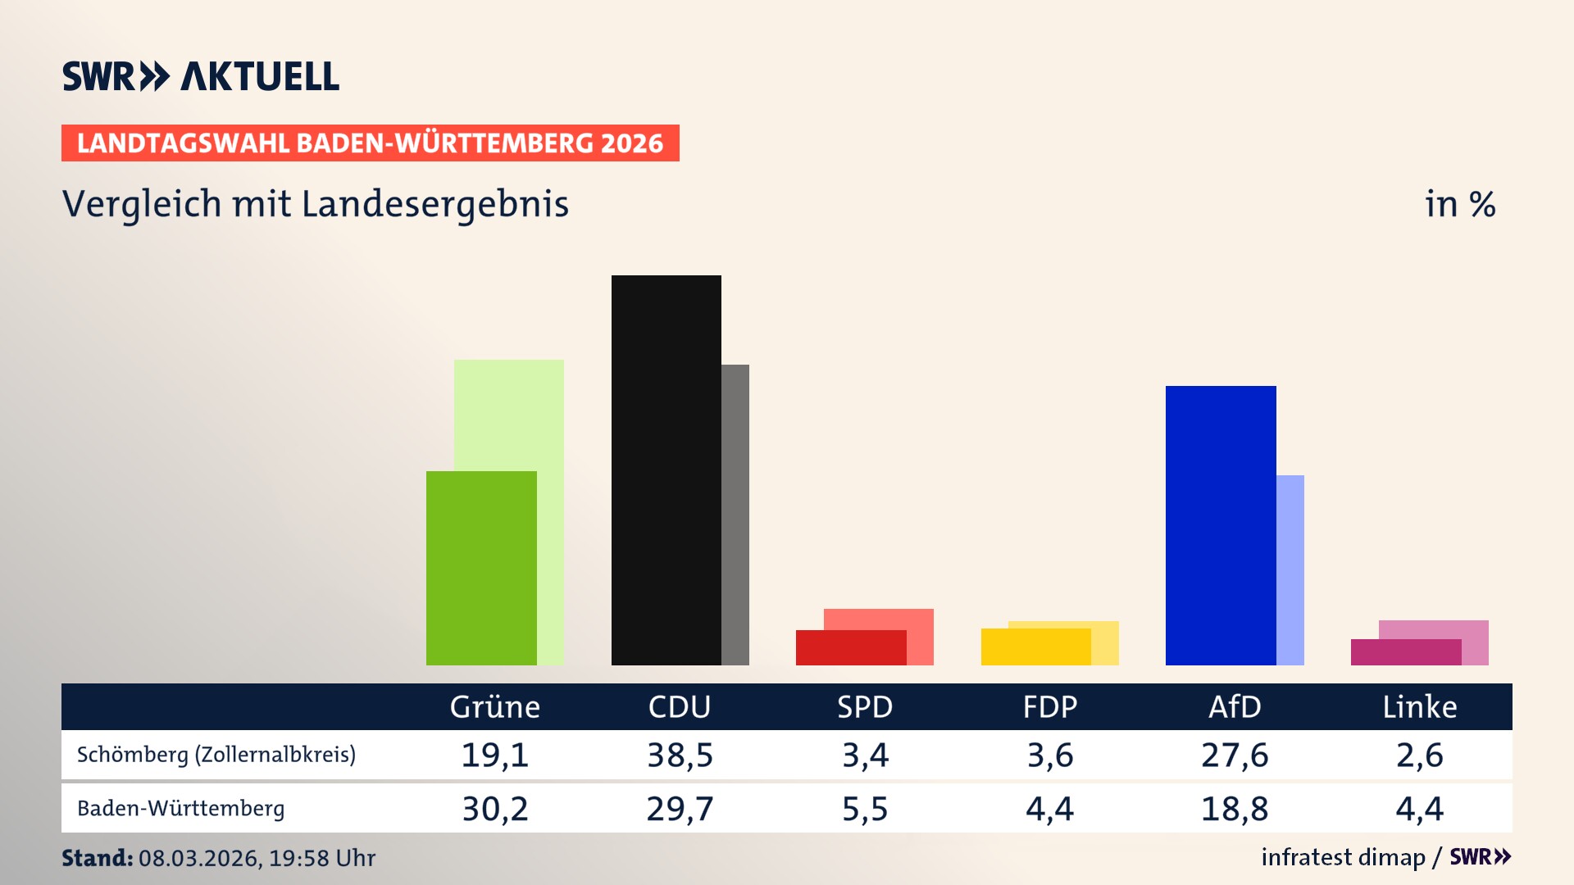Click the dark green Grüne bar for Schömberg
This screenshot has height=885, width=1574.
pos(481,568)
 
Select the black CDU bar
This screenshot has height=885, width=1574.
pos(666,470)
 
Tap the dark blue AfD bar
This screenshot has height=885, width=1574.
pos(1220,524)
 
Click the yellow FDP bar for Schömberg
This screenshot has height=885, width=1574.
pos(1035,647)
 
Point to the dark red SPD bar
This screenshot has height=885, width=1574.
pos(850,647)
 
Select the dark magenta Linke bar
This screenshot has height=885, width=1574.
pos(1405,652)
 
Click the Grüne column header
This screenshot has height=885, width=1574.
pos(495,706)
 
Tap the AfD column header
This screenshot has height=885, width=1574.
pos(1235,706)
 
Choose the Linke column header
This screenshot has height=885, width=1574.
pos(1419,706)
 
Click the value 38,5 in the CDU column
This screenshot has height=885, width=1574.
pos(680,755)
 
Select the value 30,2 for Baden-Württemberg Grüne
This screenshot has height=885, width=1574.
pos(495,809)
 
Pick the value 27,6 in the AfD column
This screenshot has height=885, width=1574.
pos(1235,755)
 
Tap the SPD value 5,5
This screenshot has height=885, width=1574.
pos(865,809)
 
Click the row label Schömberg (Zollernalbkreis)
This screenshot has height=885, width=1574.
pos(216,755)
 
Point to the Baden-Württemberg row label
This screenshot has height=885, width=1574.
pos(181,809)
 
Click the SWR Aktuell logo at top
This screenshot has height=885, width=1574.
pos(201,76)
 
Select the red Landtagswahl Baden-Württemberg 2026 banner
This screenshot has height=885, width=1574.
pos(370,143)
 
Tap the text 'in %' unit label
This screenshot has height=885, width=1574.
pos(1459,204)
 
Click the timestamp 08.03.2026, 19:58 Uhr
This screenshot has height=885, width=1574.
pos(257,858)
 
